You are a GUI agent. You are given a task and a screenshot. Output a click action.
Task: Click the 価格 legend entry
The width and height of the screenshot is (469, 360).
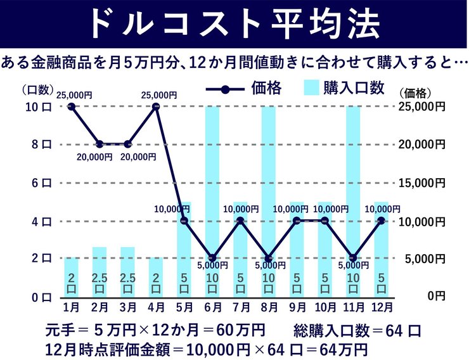click(x=247, y=88)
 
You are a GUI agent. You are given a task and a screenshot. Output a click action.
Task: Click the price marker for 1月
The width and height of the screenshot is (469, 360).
click(x=72, y=106)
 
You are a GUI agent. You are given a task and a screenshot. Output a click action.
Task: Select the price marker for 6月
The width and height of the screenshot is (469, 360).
click(x=212, y=259)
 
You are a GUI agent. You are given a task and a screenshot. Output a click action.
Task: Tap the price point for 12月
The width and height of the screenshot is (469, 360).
click(x=381, y=221)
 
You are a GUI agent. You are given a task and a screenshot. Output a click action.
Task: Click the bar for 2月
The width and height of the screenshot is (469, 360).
click(x=100, y=272)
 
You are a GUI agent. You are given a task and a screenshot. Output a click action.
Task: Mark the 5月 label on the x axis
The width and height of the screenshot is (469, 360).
click(x=184, y=308)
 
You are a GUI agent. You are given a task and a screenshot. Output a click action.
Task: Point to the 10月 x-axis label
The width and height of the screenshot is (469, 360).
click(x=324, y=308)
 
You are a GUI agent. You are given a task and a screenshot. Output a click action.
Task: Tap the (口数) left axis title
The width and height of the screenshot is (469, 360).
click(x=37, y=90)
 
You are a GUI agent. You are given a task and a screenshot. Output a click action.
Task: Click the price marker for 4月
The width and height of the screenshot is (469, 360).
click(x=156, y=106)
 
